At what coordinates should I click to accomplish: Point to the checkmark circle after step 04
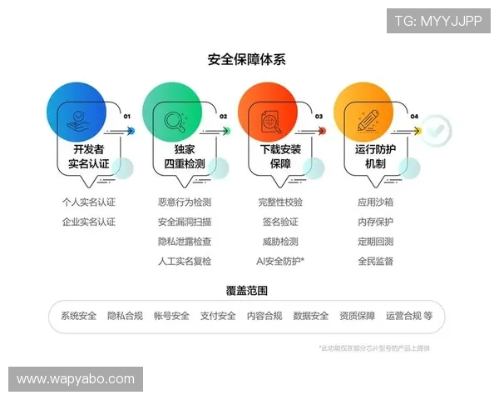click(437, 130)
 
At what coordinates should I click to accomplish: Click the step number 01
click(127, 117)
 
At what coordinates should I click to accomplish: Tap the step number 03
click(319, 117)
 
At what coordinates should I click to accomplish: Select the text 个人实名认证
click(88, 202)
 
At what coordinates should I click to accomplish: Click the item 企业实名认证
click(88, 222)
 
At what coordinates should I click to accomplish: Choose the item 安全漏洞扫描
click(184, 222)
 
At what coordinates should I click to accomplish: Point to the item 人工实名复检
click(184, 262)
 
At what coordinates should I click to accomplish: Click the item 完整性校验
click(280, 202)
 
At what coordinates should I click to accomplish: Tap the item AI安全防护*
click(280, 262)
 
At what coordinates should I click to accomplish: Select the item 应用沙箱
click(375, 202)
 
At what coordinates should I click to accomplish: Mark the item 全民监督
click(375, 262)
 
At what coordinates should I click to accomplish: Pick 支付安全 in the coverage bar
click(218, 317)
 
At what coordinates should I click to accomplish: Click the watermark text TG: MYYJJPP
click(437, 20)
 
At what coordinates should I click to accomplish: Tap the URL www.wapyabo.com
click(76, 379)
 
